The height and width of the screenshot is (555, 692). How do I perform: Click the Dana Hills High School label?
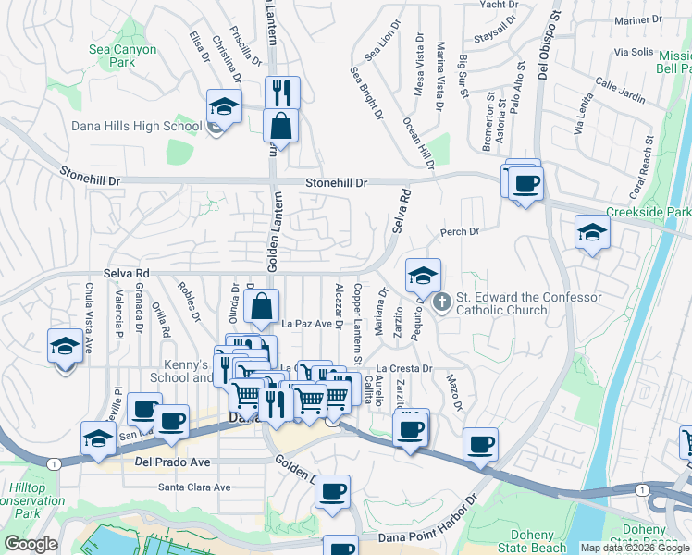pyautogui.click(x=137, y=126)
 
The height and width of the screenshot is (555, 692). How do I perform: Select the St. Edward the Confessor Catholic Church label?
pyautogui.click(x=529, y=303)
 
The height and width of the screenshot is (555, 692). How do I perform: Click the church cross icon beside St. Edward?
pyautogui.click(x=442, y=301)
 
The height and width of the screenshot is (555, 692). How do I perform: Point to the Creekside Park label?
pyautogui.click(x=649, y=213)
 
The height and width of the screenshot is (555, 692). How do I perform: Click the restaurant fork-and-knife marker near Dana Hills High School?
pyautogui.click(x=281, y=92)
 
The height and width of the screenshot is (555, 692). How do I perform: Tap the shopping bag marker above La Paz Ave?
pyautogui.click(x=263, y=306)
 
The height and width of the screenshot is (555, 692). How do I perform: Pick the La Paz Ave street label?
pyautogui.click(x=306, y=324)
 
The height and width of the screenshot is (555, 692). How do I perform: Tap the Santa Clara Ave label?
pyautogui.click(x=194, y=487)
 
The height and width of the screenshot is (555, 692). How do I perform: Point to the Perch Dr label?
pyautogui.click(x=461, y=231)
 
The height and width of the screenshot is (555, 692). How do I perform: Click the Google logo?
pyautogui.click(x=31, y=544)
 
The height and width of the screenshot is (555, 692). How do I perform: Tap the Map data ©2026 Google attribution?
pyautogui.click(x=635, y=548)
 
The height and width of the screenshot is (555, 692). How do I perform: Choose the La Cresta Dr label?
pyautogui.click(x=404, y=368)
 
